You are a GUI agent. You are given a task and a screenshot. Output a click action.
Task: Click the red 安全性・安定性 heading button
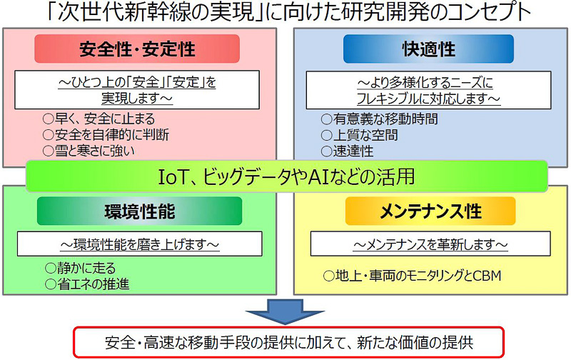pyautogui.click(x=137, y=49)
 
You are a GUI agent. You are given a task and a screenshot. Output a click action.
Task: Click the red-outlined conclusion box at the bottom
pyautogui.click(x=285, y=342)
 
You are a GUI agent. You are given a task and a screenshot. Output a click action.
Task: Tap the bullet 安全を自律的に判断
pyautogui.click(x=106, y=134)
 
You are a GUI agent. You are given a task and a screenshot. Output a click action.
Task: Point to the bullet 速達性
pyautogui.click(x=353, y=150)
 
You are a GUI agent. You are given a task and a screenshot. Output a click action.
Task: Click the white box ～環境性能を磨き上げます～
pyautogui.click(x=138, y=244)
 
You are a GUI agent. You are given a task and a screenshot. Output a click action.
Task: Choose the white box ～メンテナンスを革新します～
pyautogui.click(x=430, y=244)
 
